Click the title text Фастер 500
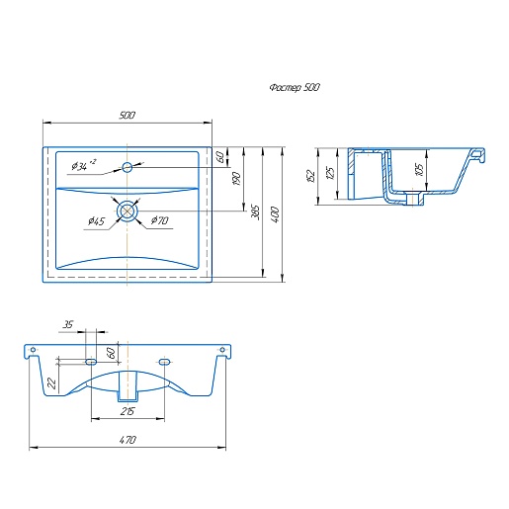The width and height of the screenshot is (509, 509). pos(295,87)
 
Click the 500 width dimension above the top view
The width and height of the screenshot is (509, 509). pos(127,116)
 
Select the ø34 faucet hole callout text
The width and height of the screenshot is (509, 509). pos(84,165)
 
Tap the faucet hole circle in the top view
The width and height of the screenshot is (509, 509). pos(127,167)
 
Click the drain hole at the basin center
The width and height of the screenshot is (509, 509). pos(127,212)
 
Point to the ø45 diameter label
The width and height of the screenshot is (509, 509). pos(97,221)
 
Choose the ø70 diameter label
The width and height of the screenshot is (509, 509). pos(160,220)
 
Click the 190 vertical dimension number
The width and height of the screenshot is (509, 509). pos(237,178)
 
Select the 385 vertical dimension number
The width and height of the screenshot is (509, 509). pos(256,212)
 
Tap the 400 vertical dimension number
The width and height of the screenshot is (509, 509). pos(275,214)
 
